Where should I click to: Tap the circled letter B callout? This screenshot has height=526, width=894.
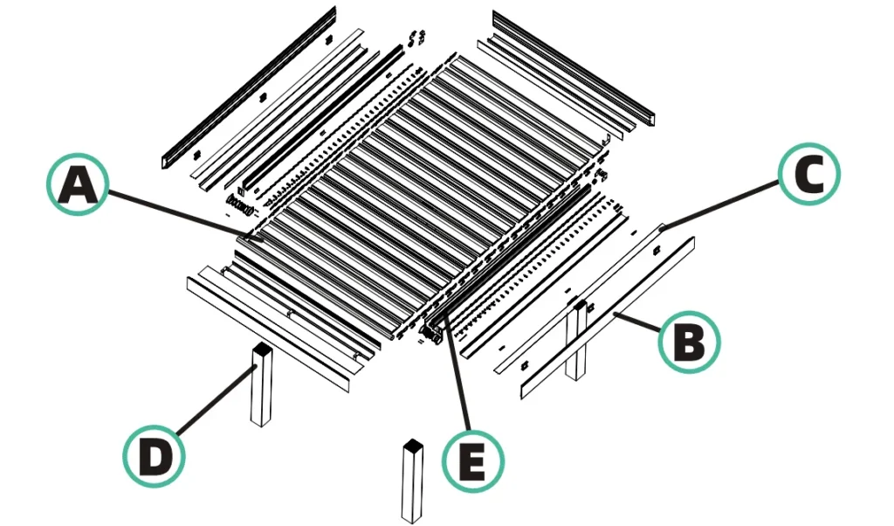(x=690, y=343)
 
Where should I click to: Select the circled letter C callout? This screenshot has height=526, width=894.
(x=808, y=175)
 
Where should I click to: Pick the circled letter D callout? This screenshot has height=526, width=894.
(x=154, y=454)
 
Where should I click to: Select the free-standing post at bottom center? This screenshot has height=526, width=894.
(x=412, y=485)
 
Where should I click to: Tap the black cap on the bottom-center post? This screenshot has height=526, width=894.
(x=412, y=446)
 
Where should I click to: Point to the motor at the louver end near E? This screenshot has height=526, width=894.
(x=430, y=332)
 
